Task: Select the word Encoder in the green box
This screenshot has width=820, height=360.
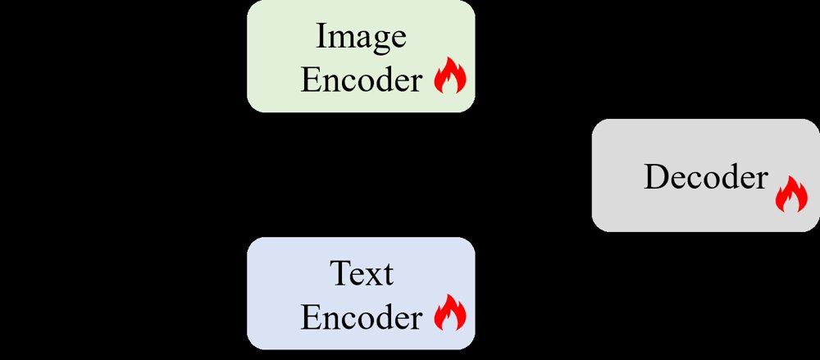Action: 361,81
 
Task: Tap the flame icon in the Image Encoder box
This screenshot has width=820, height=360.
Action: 449,75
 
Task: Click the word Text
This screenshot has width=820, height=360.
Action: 362,273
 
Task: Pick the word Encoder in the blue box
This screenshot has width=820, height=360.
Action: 361,317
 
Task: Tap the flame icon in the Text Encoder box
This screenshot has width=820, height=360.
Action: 449,312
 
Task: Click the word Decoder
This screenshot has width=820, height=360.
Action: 706,177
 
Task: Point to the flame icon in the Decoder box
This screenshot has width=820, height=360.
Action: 791,194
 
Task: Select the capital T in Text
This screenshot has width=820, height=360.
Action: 341,273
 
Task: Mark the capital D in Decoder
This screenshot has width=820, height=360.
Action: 656,177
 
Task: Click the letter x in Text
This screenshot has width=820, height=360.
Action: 376,277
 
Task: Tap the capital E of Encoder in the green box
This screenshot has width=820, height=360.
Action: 311,81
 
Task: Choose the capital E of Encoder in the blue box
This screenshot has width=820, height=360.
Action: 311,317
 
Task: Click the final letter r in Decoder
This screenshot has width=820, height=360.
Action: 762,181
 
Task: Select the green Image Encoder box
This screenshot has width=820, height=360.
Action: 361,56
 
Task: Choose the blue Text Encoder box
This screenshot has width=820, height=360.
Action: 361,293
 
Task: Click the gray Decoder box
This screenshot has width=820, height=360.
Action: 706,175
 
